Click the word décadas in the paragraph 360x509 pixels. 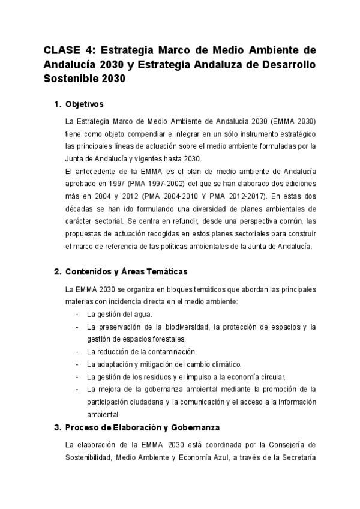click(79, 209)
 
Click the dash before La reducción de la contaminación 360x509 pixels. click(77, 352)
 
